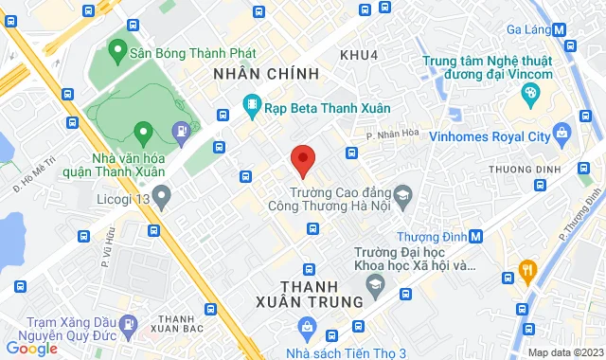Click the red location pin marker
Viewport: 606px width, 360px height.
302,160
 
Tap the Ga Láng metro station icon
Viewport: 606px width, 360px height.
561,28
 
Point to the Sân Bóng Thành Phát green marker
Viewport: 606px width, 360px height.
118,48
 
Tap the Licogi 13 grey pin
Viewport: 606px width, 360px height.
162,197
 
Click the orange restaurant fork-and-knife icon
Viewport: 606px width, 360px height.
527,271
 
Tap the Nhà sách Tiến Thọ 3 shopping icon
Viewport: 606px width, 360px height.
307,328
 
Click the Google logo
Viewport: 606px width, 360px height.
31,349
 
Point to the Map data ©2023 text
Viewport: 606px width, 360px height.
564,352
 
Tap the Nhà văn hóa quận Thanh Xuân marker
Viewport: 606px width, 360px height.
143,131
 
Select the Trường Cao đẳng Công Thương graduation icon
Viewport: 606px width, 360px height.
402,194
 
